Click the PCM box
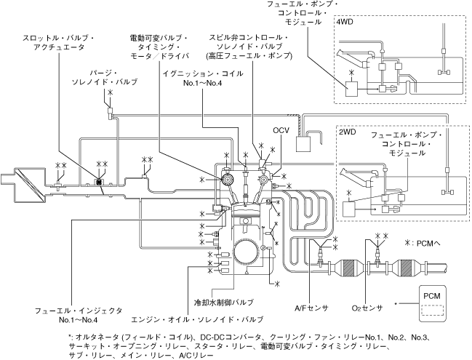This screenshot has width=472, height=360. pos(432,303)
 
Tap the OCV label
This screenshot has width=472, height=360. pos(281,130)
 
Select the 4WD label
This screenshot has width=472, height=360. pos(345,23)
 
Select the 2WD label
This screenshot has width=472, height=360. pos(348,132)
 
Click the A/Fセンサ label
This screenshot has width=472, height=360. pos(311,308)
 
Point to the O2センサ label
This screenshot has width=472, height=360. pos(367,308)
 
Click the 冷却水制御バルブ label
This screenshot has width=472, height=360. pos(224,302)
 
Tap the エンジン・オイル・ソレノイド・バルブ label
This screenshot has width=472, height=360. pos(198,319)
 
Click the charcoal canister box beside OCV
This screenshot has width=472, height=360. pos(303,144)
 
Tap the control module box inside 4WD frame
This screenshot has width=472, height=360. pos(351,89)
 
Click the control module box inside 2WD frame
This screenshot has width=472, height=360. pos(349,209)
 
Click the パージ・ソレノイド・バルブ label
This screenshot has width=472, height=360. pos(105,77)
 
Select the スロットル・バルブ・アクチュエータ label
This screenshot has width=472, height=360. pos(59,42)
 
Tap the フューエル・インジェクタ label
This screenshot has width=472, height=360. pos(79,315)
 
